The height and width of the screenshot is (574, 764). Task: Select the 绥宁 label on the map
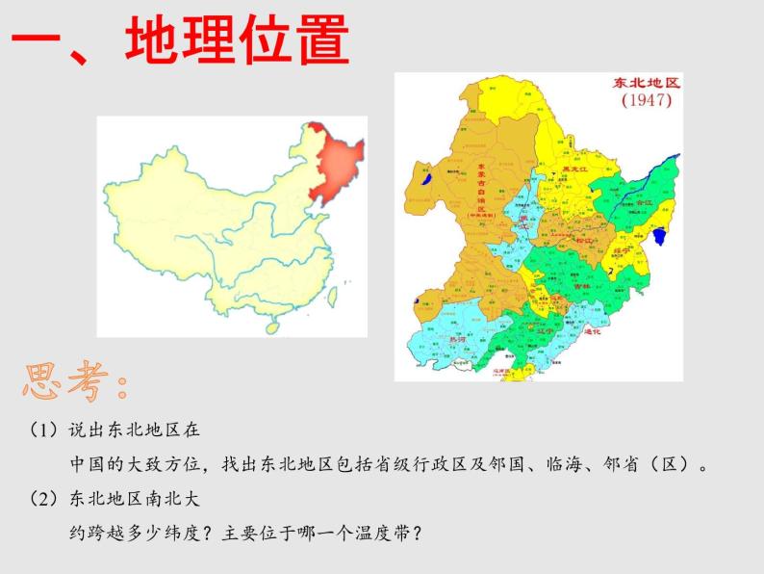pos(622,248)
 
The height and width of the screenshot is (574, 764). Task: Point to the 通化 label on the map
pos(593,331)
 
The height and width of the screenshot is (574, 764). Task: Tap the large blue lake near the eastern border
pos(660,237)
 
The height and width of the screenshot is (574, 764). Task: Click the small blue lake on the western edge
pos(425,177)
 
